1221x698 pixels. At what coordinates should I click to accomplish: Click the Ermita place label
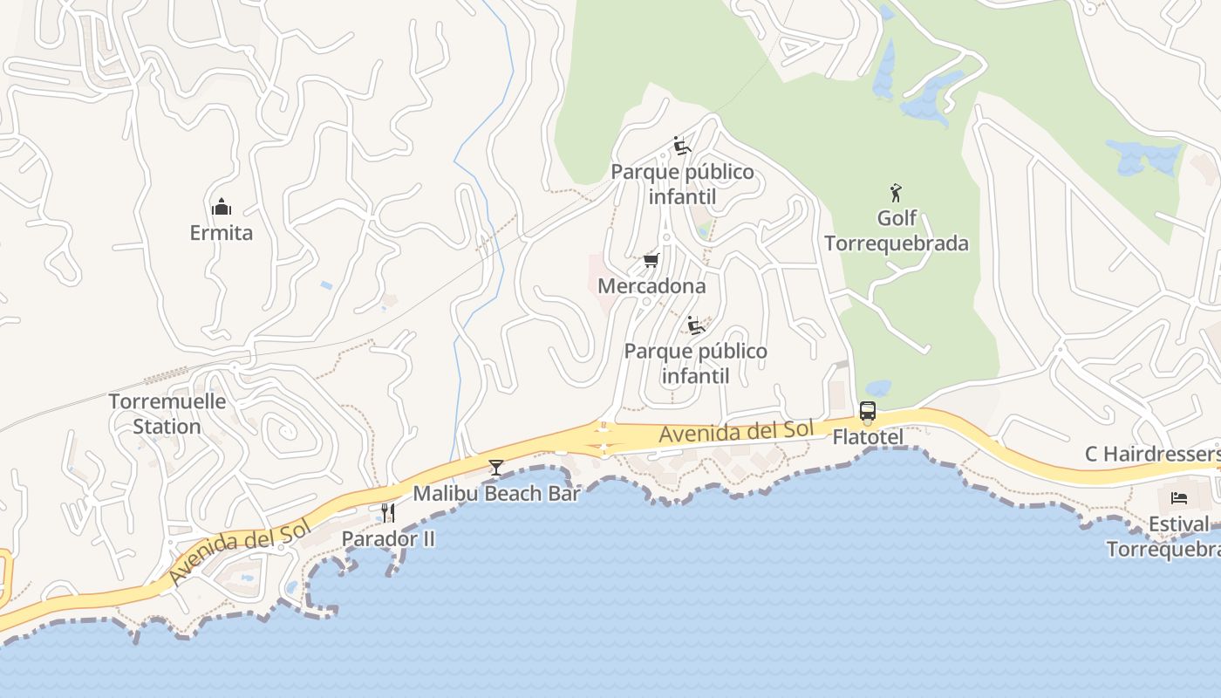(x=222, y=233)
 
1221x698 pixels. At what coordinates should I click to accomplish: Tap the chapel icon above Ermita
(x=222, y=208)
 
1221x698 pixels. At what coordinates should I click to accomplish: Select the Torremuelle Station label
(x=167, y=414)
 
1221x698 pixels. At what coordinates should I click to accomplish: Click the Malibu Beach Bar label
(x=496, y=493)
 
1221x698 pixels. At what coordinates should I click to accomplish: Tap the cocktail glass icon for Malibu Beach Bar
(x=496, y=468)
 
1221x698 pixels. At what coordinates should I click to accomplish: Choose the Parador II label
(x=388, y=538)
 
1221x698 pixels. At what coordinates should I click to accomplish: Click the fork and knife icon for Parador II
(x=388, y=513)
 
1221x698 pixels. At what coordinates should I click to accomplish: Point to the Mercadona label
(x=651, y=285)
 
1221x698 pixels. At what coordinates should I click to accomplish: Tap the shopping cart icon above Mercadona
(x=651, y=260)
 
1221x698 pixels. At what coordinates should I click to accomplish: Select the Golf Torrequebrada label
(x=897, y=230)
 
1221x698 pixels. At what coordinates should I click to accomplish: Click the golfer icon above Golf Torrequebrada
(x=896, y=192)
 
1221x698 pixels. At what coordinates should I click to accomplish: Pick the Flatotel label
(x=868, y=436)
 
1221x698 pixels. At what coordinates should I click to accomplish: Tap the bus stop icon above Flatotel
(x=868, y=411)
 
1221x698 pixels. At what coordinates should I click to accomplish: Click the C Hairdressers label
(x=1152, y=454)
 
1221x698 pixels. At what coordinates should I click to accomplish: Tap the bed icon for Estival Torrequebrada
(x=1178, y=498)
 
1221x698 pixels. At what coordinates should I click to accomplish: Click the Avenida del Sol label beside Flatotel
(x=736, y=431)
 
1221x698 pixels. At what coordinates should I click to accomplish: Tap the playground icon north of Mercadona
(x=682, y=146)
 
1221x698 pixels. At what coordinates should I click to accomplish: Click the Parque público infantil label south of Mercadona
(x=696, y=364)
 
